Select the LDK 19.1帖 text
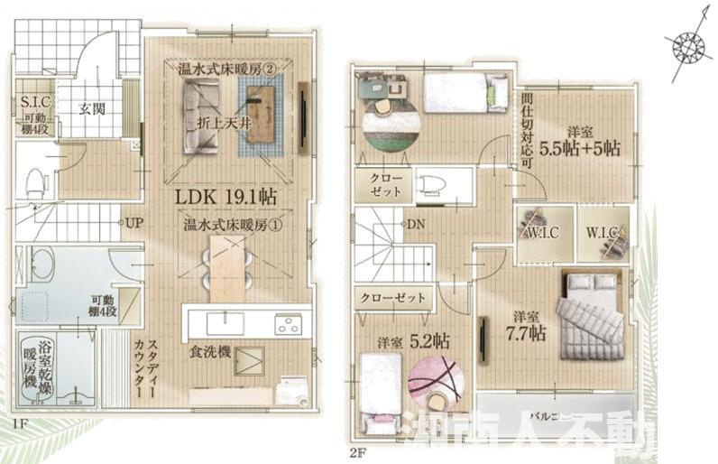pyautogui.click(x=231, y=196)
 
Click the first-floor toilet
pyautogui.click(x=33, y=181)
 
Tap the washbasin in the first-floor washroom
pyautogui.click(x=41, y=265)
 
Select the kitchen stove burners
pyautogui.click(x=288, y=322)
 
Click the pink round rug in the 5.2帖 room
pyautogui.click(x=436, y=380)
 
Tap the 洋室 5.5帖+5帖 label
pyautogui.click(x=577, y=140)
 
